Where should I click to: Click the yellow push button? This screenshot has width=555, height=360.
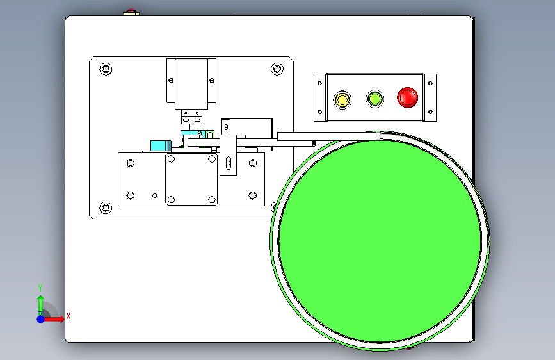(x=342, y=99)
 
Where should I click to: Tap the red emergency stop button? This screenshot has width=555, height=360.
(x=407, y=97)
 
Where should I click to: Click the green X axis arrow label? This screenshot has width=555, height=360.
(x=68, y=315)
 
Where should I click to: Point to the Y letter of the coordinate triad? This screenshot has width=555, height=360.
(x=40, y=288)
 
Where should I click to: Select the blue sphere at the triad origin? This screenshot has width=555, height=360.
(x=40, y=318)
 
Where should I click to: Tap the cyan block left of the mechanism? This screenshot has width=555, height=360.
(x=158, y=145)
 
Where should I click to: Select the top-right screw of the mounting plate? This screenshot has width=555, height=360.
(x=277, y=69)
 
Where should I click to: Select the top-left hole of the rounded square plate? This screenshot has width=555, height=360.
(x=171, y=158)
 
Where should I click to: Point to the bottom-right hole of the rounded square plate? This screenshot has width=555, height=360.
(x=212, y=199)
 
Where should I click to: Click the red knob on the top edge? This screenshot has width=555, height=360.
(x=131, y=12)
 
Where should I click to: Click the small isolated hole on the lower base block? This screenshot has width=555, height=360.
(x=154, y=195)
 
